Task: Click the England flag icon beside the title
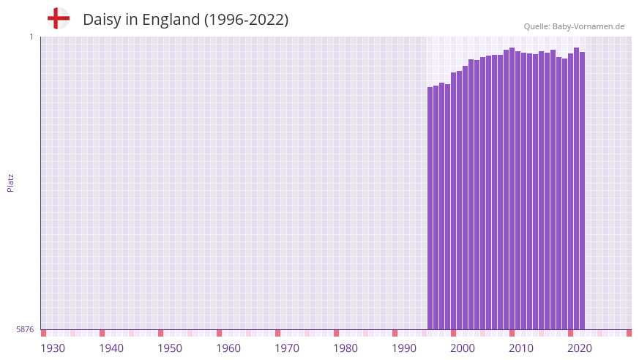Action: click(59, 18)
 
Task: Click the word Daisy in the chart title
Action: click(102, 20)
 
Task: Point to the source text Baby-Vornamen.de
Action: click(588, 26)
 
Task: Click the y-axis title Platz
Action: click(10, 183)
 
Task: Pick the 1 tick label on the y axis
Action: click(31, 37)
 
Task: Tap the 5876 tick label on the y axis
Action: click(25, 330)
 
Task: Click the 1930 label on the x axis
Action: click(53, 348)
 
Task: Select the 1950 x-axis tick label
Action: click(170, 348)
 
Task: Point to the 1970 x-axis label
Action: click(287, 348)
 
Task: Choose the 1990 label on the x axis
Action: click(404, 348)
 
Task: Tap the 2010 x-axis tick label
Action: click(521, 348)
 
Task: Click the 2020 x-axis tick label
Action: click(580, 348)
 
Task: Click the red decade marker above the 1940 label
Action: click(102, 333)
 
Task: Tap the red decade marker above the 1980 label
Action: click(337, 333)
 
